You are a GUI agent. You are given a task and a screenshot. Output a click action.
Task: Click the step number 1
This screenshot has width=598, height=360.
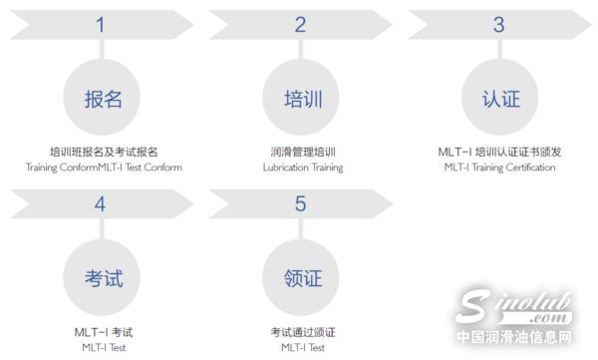[100, 26]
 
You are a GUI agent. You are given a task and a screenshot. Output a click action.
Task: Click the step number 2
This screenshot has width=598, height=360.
[300, 26]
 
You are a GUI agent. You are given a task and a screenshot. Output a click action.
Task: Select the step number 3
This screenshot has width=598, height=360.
[498, 25]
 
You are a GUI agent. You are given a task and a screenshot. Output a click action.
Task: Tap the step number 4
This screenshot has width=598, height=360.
[100, 204]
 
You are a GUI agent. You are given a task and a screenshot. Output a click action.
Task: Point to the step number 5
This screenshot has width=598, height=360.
[300, 204]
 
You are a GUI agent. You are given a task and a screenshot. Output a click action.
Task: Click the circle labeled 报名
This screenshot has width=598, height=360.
[104, 99]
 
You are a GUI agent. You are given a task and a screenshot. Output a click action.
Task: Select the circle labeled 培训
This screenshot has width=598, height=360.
[303, 99]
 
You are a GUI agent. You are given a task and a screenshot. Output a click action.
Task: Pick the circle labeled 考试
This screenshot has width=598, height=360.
[104, 277]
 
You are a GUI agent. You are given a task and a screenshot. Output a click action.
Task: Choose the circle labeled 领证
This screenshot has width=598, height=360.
[303, 277]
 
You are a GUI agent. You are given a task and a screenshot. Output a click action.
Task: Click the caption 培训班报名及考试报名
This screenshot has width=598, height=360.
[104, 152]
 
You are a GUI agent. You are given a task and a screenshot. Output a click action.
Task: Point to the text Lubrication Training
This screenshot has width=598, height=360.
[303, 168]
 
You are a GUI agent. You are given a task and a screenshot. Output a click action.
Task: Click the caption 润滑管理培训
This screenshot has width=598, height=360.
[303, 152]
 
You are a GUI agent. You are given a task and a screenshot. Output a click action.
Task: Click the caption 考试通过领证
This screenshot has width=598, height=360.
[303, 331]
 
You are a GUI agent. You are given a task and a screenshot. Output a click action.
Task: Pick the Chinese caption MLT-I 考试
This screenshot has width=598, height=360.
[104, 331]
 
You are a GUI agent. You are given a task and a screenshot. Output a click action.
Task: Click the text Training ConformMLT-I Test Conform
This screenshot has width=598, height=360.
[104, 168]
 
